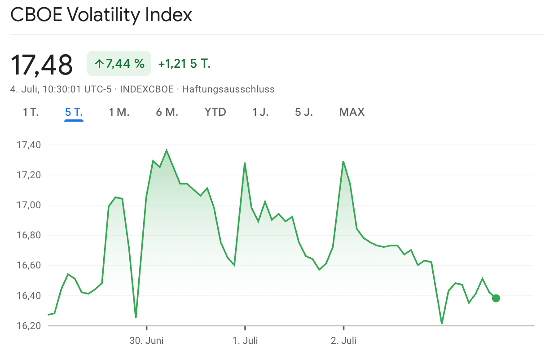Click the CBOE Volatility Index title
[101, 15]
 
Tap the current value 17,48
[41, 65]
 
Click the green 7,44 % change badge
[119, 64]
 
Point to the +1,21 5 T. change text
[184, 64]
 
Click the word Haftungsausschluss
[228, 89]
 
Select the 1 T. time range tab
[31, 112]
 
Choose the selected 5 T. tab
[74, 112]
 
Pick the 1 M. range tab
[119, 112]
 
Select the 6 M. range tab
[167, 112]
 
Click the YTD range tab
[215, 112]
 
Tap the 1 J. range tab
[260, 112]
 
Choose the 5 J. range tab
[304, 112]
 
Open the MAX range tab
[352, 112]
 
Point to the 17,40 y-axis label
[28, 145]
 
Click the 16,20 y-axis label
[28, 325]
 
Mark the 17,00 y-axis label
[28, 205]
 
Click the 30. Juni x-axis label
[147, 341]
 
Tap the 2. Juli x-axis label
[343, 341]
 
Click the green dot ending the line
[496, 298]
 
